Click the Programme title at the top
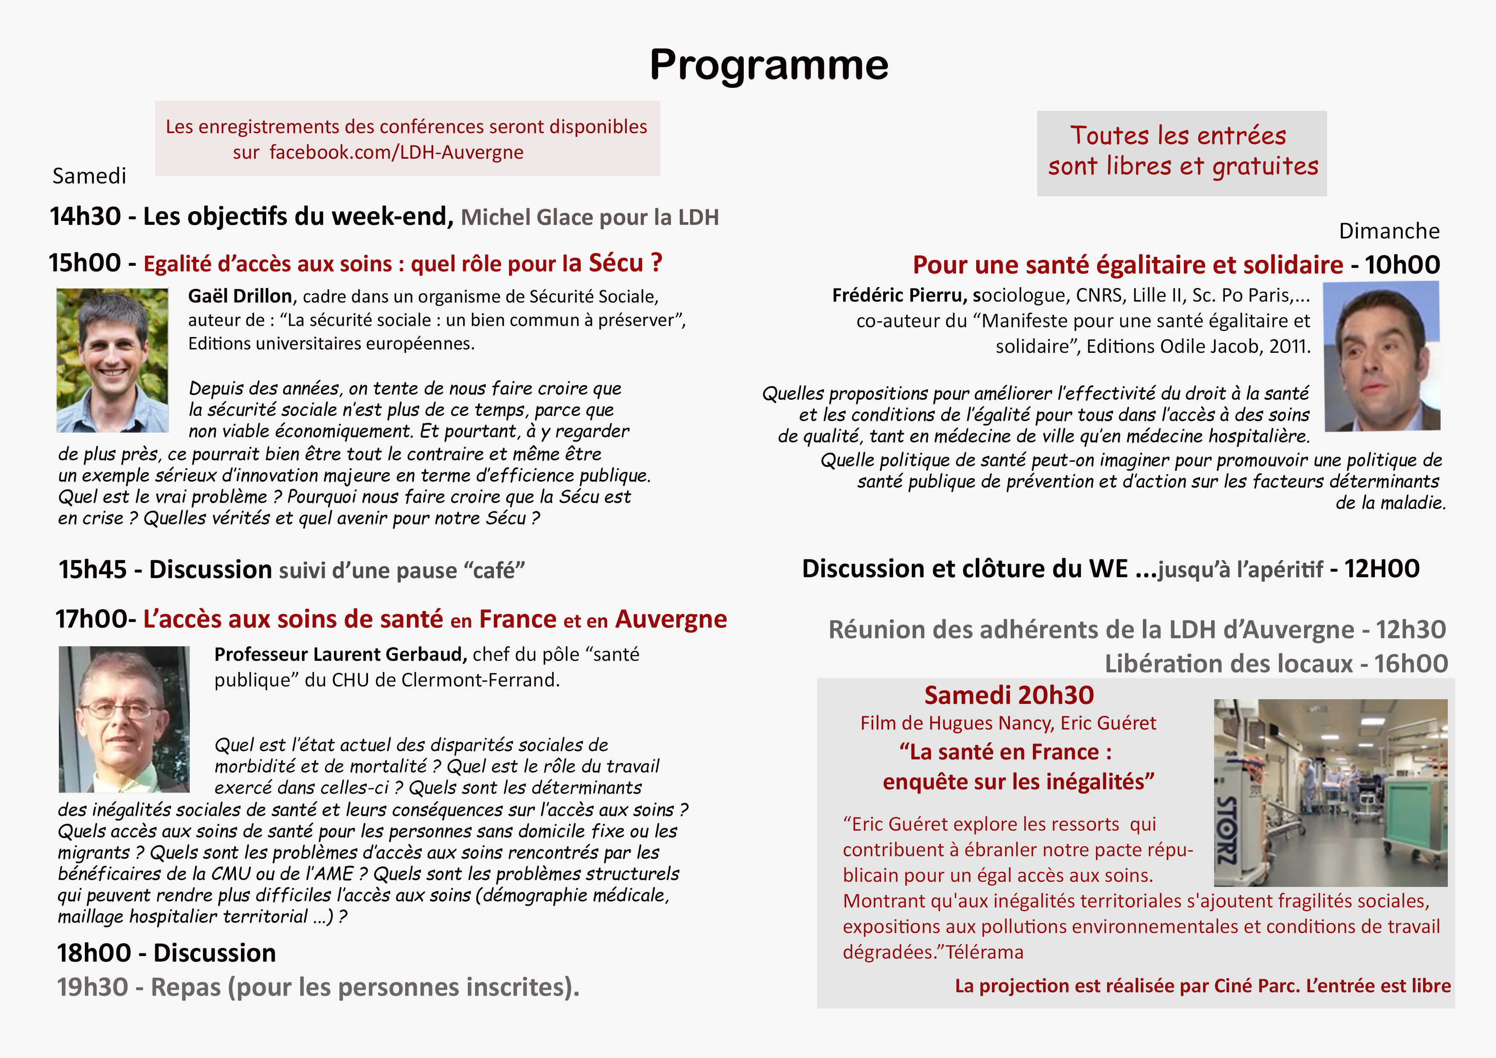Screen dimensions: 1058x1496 coord(769,65)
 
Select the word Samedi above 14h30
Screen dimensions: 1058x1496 coord(89,176)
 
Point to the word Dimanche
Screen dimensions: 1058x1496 coord(1389,231)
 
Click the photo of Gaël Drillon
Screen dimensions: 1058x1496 coord(112,360)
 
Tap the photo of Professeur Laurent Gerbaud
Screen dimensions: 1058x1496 coord(124,719)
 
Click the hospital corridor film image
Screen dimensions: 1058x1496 coord(1331,792)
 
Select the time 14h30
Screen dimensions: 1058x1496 coord(85,216)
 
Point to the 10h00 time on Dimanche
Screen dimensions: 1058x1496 coord(1402,264)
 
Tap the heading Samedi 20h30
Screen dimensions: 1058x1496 coord(1009,695)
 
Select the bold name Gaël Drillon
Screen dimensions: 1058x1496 coord(240,296)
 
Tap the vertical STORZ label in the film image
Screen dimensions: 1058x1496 coord(1227,830)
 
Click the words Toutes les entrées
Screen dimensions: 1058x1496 coord(1177,136)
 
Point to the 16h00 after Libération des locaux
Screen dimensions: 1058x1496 coord(1411,664)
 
